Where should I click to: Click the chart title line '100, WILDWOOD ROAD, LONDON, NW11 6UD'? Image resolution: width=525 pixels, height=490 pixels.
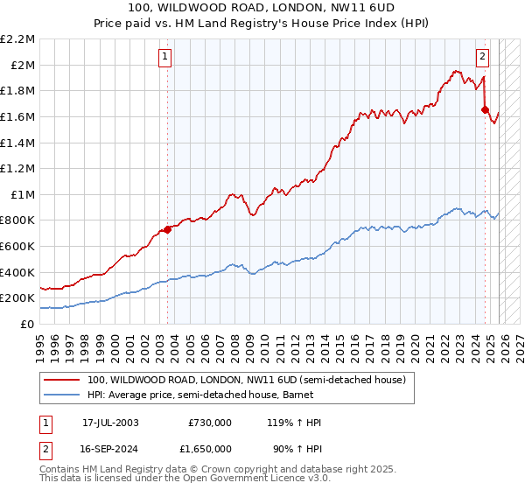click(262, 8)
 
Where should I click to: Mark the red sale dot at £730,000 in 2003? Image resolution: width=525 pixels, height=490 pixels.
click(167, 230)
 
